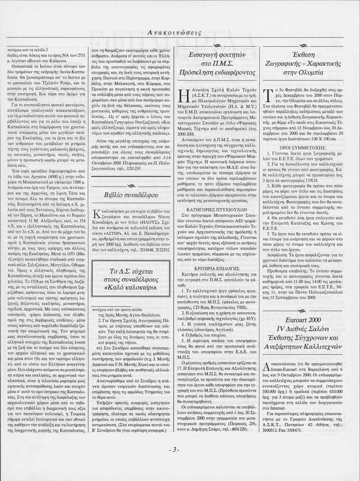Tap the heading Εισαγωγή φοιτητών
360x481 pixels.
tap(217, 55)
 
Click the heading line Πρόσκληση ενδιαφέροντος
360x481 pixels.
tap(217, 72)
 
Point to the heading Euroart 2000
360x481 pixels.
tap(303, 320)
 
